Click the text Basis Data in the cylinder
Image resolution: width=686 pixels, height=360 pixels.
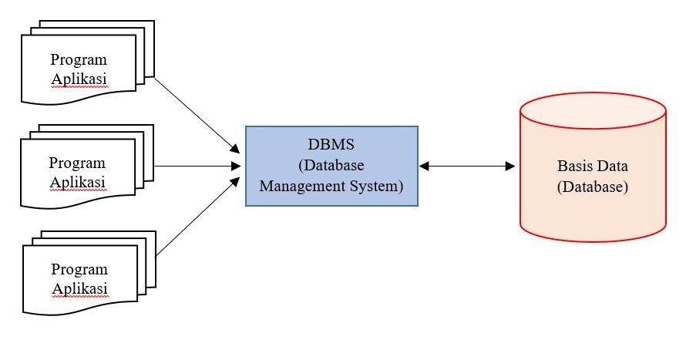592,167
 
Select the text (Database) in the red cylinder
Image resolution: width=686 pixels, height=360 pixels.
592,187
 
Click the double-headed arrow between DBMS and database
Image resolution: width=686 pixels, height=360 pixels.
467,166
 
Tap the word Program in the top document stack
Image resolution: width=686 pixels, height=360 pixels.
79,60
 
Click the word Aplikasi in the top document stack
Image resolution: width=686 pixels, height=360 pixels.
79,79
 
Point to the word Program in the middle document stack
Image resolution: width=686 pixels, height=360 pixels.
76,163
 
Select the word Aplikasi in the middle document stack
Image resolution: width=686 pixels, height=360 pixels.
76,182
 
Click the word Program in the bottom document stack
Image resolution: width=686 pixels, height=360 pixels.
79,269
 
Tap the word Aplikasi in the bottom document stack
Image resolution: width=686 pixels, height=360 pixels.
79,288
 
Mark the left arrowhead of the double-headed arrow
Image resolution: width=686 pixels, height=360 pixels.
423,166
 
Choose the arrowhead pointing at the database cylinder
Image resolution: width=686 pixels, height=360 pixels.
510,166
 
